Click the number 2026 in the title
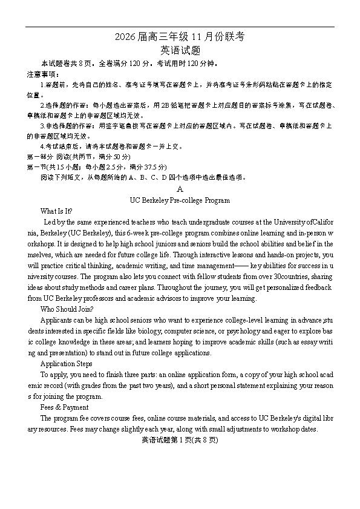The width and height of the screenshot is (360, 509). click(x=126, y=38)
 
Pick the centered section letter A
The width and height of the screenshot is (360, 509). click(x=180, y=189)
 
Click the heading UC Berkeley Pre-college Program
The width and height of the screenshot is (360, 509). click(x=180, y=200)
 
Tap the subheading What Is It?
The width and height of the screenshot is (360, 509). click(x=56, y=211)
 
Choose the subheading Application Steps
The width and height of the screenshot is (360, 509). click(x=66, y=364)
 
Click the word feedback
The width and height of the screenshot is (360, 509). click(x=317, y=287)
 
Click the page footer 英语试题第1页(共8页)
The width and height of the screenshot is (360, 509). click(x=179, y=441)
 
